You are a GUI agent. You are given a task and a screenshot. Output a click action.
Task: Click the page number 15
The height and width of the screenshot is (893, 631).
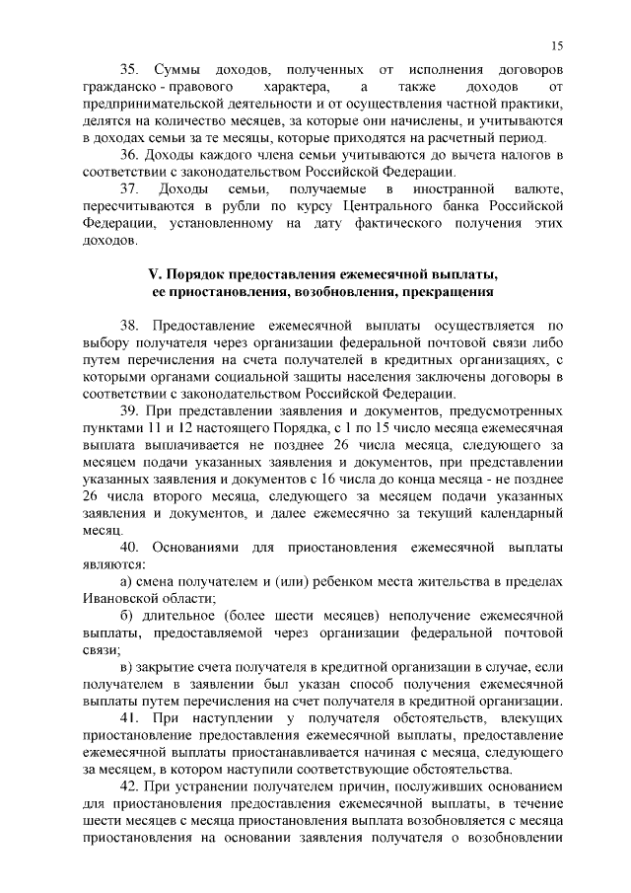[557, 45]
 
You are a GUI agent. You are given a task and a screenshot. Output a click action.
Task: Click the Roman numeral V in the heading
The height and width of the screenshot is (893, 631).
[152, 273]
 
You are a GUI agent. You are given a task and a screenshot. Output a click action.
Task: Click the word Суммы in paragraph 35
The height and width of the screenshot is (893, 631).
[179, 72]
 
